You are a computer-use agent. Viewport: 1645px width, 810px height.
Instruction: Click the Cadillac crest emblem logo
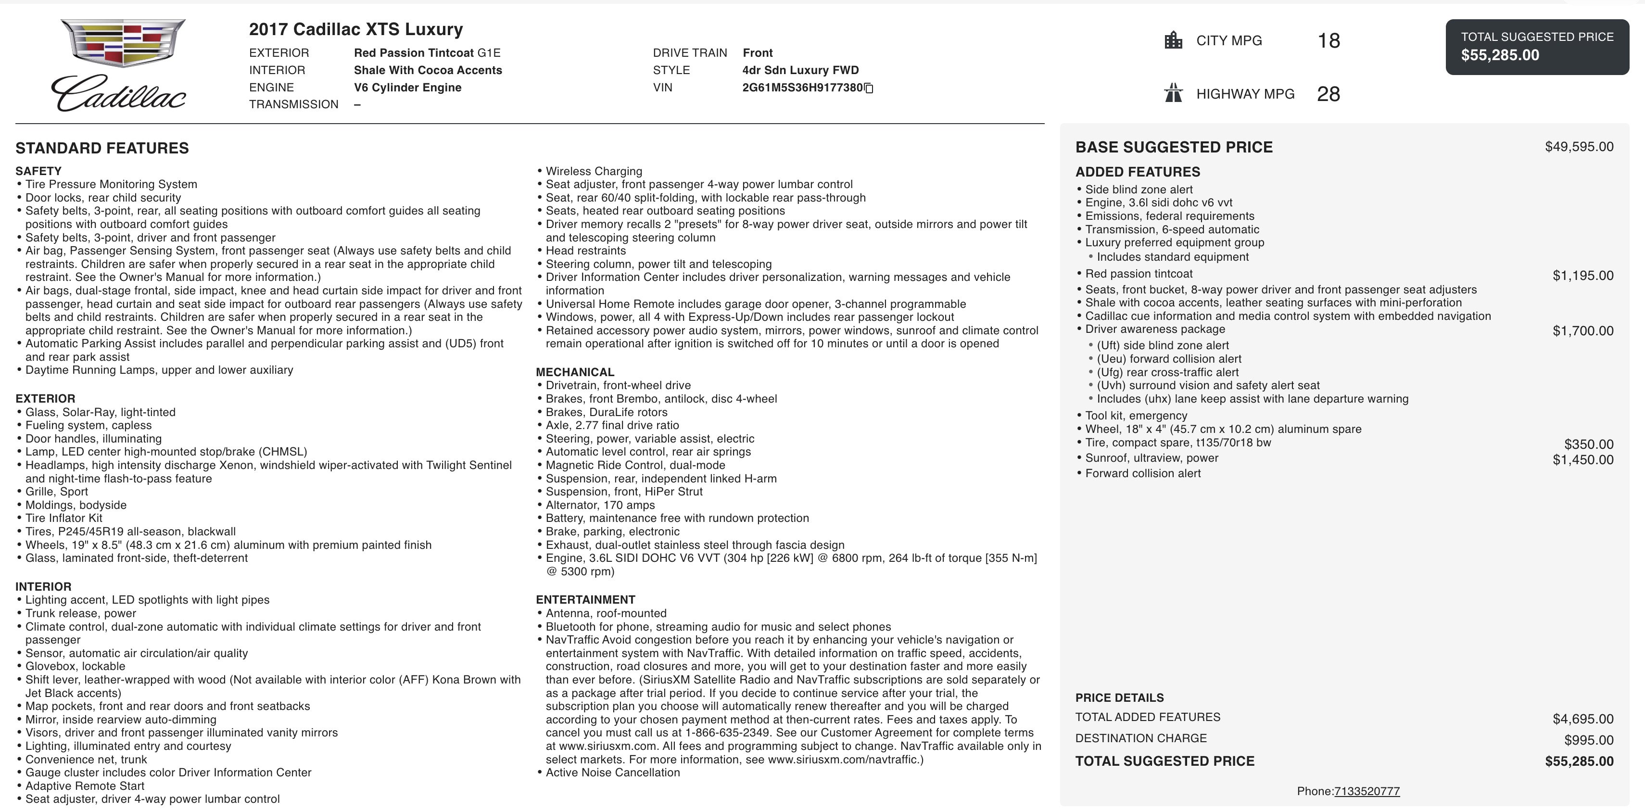tap(123, 42)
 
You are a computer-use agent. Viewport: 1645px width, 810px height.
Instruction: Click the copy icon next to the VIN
tap(869, 88)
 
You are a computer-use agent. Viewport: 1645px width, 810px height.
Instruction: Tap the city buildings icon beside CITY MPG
tap(1173, 40)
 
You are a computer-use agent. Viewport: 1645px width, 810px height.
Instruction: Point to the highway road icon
tap(1173, 93)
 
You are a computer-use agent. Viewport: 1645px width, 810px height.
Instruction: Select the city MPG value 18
tap(1328, 41)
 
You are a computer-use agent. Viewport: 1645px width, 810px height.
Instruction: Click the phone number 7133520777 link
tap(1367, 791)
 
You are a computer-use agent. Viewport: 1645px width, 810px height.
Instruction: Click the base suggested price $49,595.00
tap(1579, 147)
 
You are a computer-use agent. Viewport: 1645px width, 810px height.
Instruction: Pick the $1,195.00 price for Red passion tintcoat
tap(1582, 276)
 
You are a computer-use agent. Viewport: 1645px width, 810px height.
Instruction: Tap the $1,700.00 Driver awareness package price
tap(1582, 331)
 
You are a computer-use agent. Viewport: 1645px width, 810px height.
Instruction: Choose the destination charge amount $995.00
tap(1588, 740)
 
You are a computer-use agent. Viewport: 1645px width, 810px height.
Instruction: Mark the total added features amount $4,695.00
tap(1582, 719)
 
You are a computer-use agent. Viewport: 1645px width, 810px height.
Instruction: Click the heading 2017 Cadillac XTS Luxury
tap(355, 29)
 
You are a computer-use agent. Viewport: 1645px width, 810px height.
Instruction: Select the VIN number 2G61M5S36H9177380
tap(802, 88)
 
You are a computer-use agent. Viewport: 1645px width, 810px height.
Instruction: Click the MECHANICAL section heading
tap(575, 372)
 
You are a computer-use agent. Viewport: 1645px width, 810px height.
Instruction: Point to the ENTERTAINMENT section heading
tap(585, 600)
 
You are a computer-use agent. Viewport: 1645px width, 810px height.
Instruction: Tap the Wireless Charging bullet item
tap(594, 171)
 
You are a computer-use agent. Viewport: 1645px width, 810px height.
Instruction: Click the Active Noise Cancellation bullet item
tap(612, 772)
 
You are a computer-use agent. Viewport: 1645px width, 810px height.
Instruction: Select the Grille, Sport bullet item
tap(57, 491)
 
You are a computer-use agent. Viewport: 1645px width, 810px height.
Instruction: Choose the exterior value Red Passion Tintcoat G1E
tap(427, 53)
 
